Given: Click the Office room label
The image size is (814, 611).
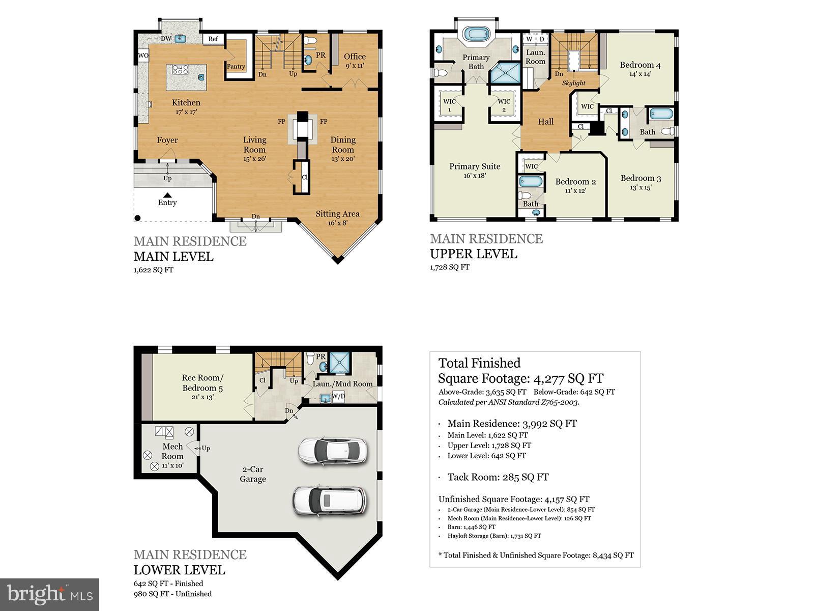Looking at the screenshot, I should [355, 57].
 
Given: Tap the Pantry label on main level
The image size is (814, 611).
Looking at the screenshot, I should [236, 67].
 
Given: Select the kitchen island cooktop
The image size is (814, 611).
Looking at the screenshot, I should [180, 70].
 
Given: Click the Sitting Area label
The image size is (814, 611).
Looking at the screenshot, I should [337, 214].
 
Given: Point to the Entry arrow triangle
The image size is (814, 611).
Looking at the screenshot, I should [167, 195].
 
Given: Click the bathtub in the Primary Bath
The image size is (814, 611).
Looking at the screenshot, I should [477, 35].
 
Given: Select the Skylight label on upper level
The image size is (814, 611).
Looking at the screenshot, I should [573, 83].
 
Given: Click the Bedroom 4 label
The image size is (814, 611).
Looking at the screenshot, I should [640, 65].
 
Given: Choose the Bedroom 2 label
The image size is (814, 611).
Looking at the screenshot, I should [575, 182].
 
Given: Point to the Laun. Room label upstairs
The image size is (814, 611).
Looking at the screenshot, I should [535, 57].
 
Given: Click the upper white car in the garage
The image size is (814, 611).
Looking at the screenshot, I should [332, 451].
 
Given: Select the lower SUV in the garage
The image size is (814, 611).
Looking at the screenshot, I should [329, 501].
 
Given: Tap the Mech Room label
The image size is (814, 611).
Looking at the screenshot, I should [172, 451].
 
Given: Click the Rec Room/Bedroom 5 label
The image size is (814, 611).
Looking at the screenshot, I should [202, 383].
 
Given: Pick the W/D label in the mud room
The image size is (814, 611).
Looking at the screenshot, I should [338, 397].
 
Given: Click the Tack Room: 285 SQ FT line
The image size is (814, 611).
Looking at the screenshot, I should [498, 477].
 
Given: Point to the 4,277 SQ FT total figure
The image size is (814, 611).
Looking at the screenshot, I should [568, 378].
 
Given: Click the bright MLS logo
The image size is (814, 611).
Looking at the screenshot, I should [50, 594].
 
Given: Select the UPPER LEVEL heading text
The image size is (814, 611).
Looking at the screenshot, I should [473, 254].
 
